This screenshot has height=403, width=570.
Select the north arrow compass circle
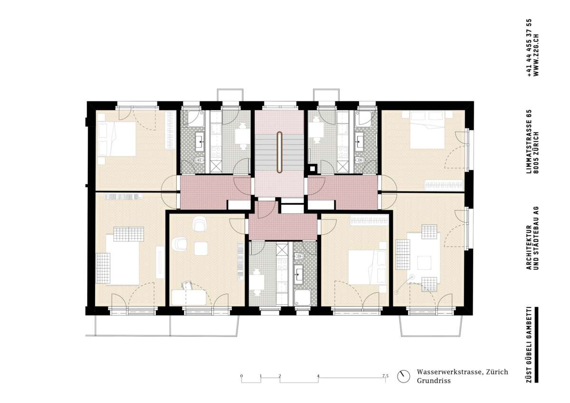404,376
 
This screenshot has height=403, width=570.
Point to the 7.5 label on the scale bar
385,376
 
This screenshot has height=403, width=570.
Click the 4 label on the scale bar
318,376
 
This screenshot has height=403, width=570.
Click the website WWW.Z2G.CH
536,55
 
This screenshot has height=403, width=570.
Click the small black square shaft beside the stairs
312,168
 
